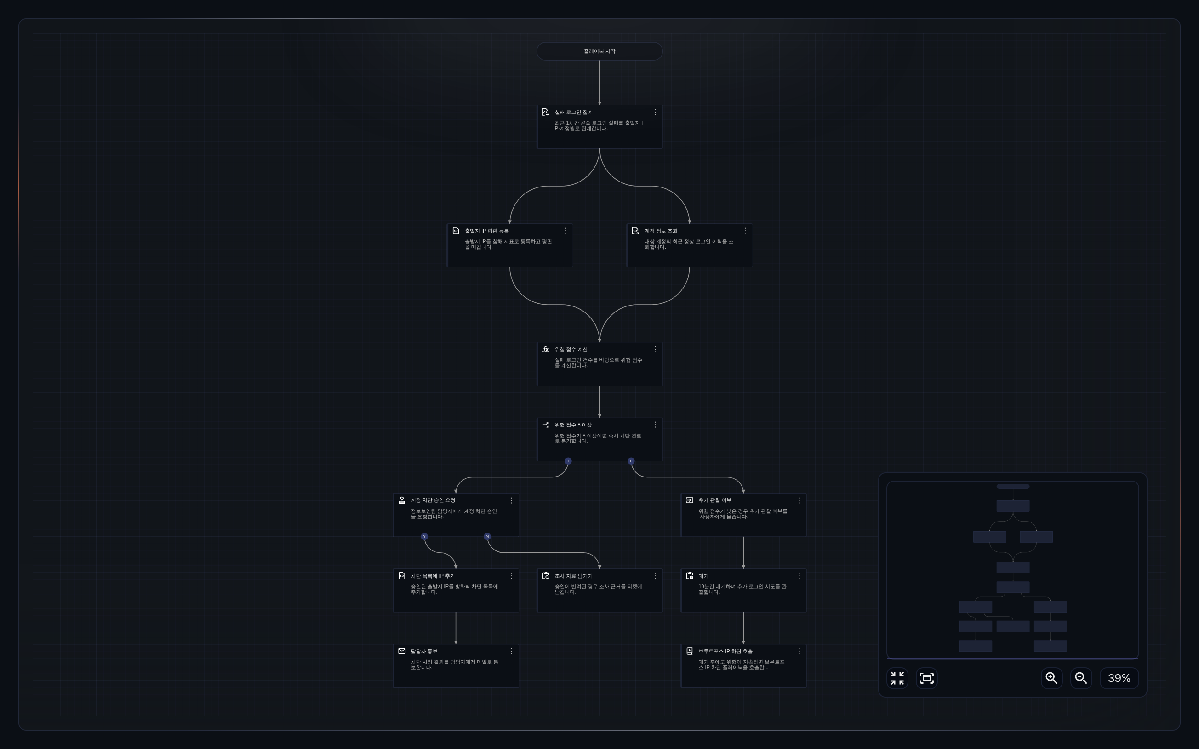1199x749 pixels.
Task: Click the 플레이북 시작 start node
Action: pyautogui.click(x=599, y=51)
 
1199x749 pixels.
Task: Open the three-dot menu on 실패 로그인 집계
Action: pyautogui.click(x=656, y=113)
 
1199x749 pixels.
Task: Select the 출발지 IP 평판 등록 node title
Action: pyautogui.click(x=486, y=231)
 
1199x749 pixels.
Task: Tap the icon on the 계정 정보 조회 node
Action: pyautogui.click(x=635, y=231)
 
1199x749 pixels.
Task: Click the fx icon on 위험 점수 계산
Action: pyautogui.click(x=546, y=349)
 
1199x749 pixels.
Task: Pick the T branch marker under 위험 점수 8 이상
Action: pyautogui.click(x=568, y=461)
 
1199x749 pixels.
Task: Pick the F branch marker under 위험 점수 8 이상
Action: pyautogui.click(x=631, y=461)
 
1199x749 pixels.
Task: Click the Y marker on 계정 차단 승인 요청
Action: pyautogui.click(x=424, y=537)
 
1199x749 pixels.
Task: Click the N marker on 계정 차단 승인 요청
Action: pyautogui.click(x=487, y=537)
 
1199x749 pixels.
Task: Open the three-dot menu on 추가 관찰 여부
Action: pyautogui.click(x=799, y=500)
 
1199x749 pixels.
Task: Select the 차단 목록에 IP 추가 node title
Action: pyautogui.click(x=433, y=576)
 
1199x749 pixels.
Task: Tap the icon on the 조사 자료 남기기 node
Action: pyautogui.click(x=546, y=576)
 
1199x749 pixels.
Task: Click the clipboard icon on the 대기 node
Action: pyautogui.click(x=690, y=576)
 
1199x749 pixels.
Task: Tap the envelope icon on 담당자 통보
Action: pyautogui.click(x=402, y=652)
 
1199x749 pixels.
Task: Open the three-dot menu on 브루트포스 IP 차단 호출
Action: pyautogui.click(x=799, y=652)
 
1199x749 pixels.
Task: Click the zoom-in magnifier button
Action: pyautogui.click(x=1052, y=678)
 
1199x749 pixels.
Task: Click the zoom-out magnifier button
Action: pyautogui.click(x=1081, y=678)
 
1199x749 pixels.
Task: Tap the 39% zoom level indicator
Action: pyautogui.click(x=1119, y=678)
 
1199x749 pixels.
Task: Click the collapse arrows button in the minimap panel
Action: pyautogui.click(x=897, y=678)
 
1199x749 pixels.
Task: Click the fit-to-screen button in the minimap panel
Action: pyautogui.click(x=926, y=678)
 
